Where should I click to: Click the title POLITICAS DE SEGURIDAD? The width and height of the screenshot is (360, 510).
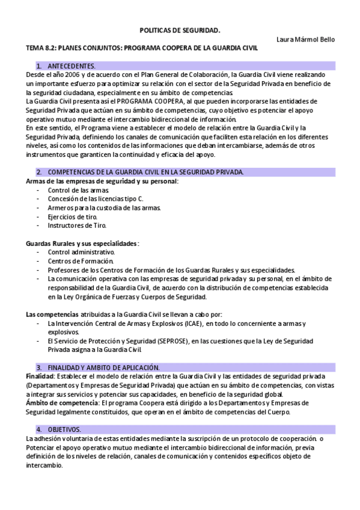coord(180,29)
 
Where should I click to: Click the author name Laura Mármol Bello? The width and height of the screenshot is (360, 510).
coord(305,39)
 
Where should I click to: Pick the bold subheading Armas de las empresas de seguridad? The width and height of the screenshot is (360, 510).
coord(101,180)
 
